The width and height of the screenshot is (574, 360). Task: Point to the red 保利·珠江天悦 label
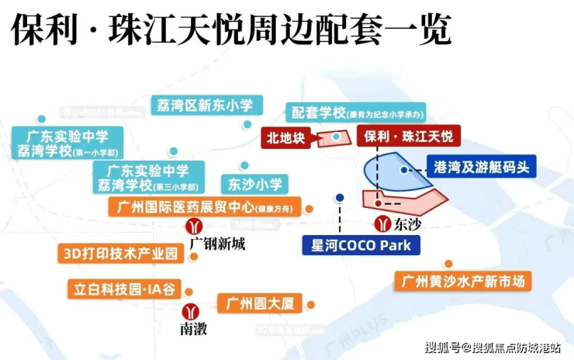click(x=408, y=137)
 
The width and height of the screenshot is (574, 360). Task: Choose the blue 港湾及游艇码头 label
click(x=480, y=167)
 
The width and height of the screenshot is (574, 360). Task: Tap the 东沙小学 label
click(x=256, y=184)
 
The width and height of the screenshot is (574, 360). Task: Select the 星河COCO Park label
click(x=361, y=245)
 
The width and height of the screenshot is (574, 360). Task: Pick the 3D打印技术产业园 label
click(x=119, y=254)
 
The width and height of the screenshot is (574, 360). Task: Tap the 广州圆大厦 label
click(x=259, y=303)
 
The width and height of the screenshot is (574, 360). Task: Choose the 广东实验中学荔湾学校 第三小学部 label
click(x=147, y=178)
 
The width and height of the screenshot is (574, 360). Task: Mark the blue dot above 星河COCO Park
click(x=340, y=198)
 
